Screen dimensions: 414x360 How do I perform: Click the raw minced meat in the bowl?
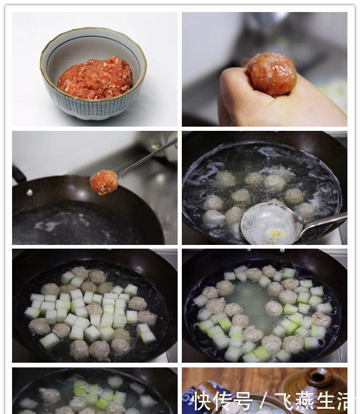(95, 78)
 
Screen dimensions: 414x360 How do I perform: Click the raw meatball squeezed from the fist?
(271, 73)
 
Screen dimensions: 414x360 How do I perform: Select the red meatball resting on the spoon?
(104, 182)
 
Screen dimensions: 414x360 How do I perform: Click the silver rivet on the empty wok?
(29, 193)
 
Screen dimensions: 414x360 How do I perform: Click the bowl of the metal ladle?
(270, 224)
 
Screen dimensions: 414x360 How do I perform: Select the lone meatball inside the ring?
(274, 308)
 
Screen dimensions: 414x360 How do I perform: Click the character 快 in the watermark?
(203, 401)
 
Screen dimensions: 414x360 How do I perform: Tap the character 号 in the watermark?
(243, 401)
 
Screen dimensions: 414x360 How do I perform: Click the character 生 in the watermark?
(325, 401)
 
